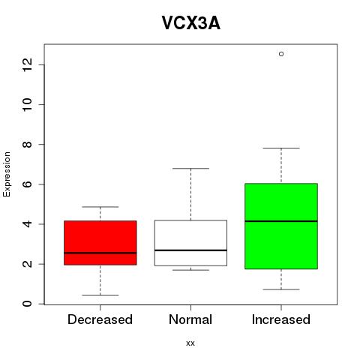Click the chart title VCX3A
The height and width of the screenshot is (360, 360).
point(191,23)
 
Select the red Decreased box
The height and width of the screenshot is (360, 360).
point(100,243)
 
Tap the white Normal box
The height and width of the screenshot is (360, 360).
point(190,243)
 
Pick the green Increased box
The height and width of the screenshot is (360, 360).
point(281,226)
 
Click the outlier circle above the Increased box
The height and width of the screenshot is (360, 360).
point(281,54)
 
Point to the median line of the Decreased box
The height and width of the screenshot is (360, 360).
point(100,253)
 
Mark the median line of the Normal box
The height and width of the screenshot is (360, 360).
point(190,250)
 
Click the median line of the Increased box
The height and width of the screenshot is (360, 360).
point(281,221)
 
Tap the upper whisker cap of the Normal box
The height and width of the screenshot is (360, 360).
point(190,169)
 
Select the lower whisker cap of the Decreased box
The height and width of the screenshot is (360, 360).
point(100,295)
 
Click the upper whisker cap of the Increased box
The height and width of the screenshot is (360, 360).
point(281,148)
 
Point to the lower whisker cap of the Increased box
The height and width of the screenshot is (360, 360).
point(281,289)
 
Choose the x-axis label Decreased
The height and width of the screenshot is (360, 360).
point(100,319)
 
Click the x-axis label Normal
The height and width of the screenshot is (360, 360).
point(190,319)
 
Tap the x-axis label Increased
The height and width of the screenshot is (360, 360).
point(281,319)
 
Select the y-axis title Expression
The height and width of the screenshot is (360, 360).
point(7,174)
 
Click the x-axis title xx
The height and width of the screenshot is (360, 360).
point(190,343)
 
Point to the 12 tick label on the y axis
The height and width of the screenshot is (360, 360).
point(28,64)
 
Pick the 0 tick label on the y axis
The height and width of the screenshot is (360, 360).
point(28,304)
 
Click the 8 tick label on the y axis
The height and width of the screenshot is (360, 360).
point(28,145)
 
